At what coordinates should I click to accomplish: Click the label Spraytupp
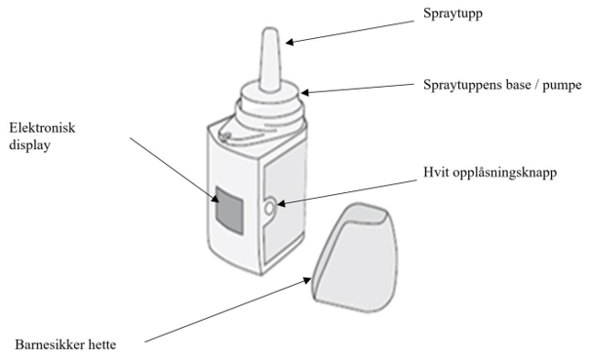pyautogui.click(x=452, y=14)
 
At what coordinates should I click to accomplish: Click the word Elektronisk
pyautogui.click(x=42, y=128)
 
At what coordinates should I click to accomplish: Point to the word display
pyautogui.click(x=29, y=145)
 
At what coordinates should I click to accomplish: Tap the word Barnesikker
pyautogui.click(x=50, y=344)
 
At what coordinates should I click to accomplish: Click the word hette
pyautogui.click(x=102, y=344)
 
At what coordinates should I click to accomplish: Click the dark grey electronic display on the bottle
pyautogui.click(x=229, y=210)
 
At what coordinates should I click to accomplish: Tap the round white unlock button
pyautogui.click(x=270, y=208)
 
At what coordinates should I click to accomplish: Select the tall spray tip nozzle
pyautogui.click(x=270, y=59)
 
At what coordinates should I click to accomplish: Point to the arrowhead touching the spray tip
pyautogui.click(x=290, y=41)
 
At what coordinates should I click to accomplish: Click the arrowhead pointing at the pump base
pyautogui.click(x=305, y=92)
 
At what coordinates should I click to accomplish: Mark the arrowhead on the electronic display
pyautogui.click(x=216, y=198)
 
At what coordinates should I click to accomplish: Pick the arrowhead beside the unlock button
pyautogui.click(x=282, y=204)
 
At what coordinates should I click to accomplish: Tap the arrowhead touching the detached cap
pyautogui.click(x=307, y=280)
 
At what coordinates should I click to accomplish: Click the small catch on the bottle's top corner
pyautogui.click(x=225, y=136)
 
